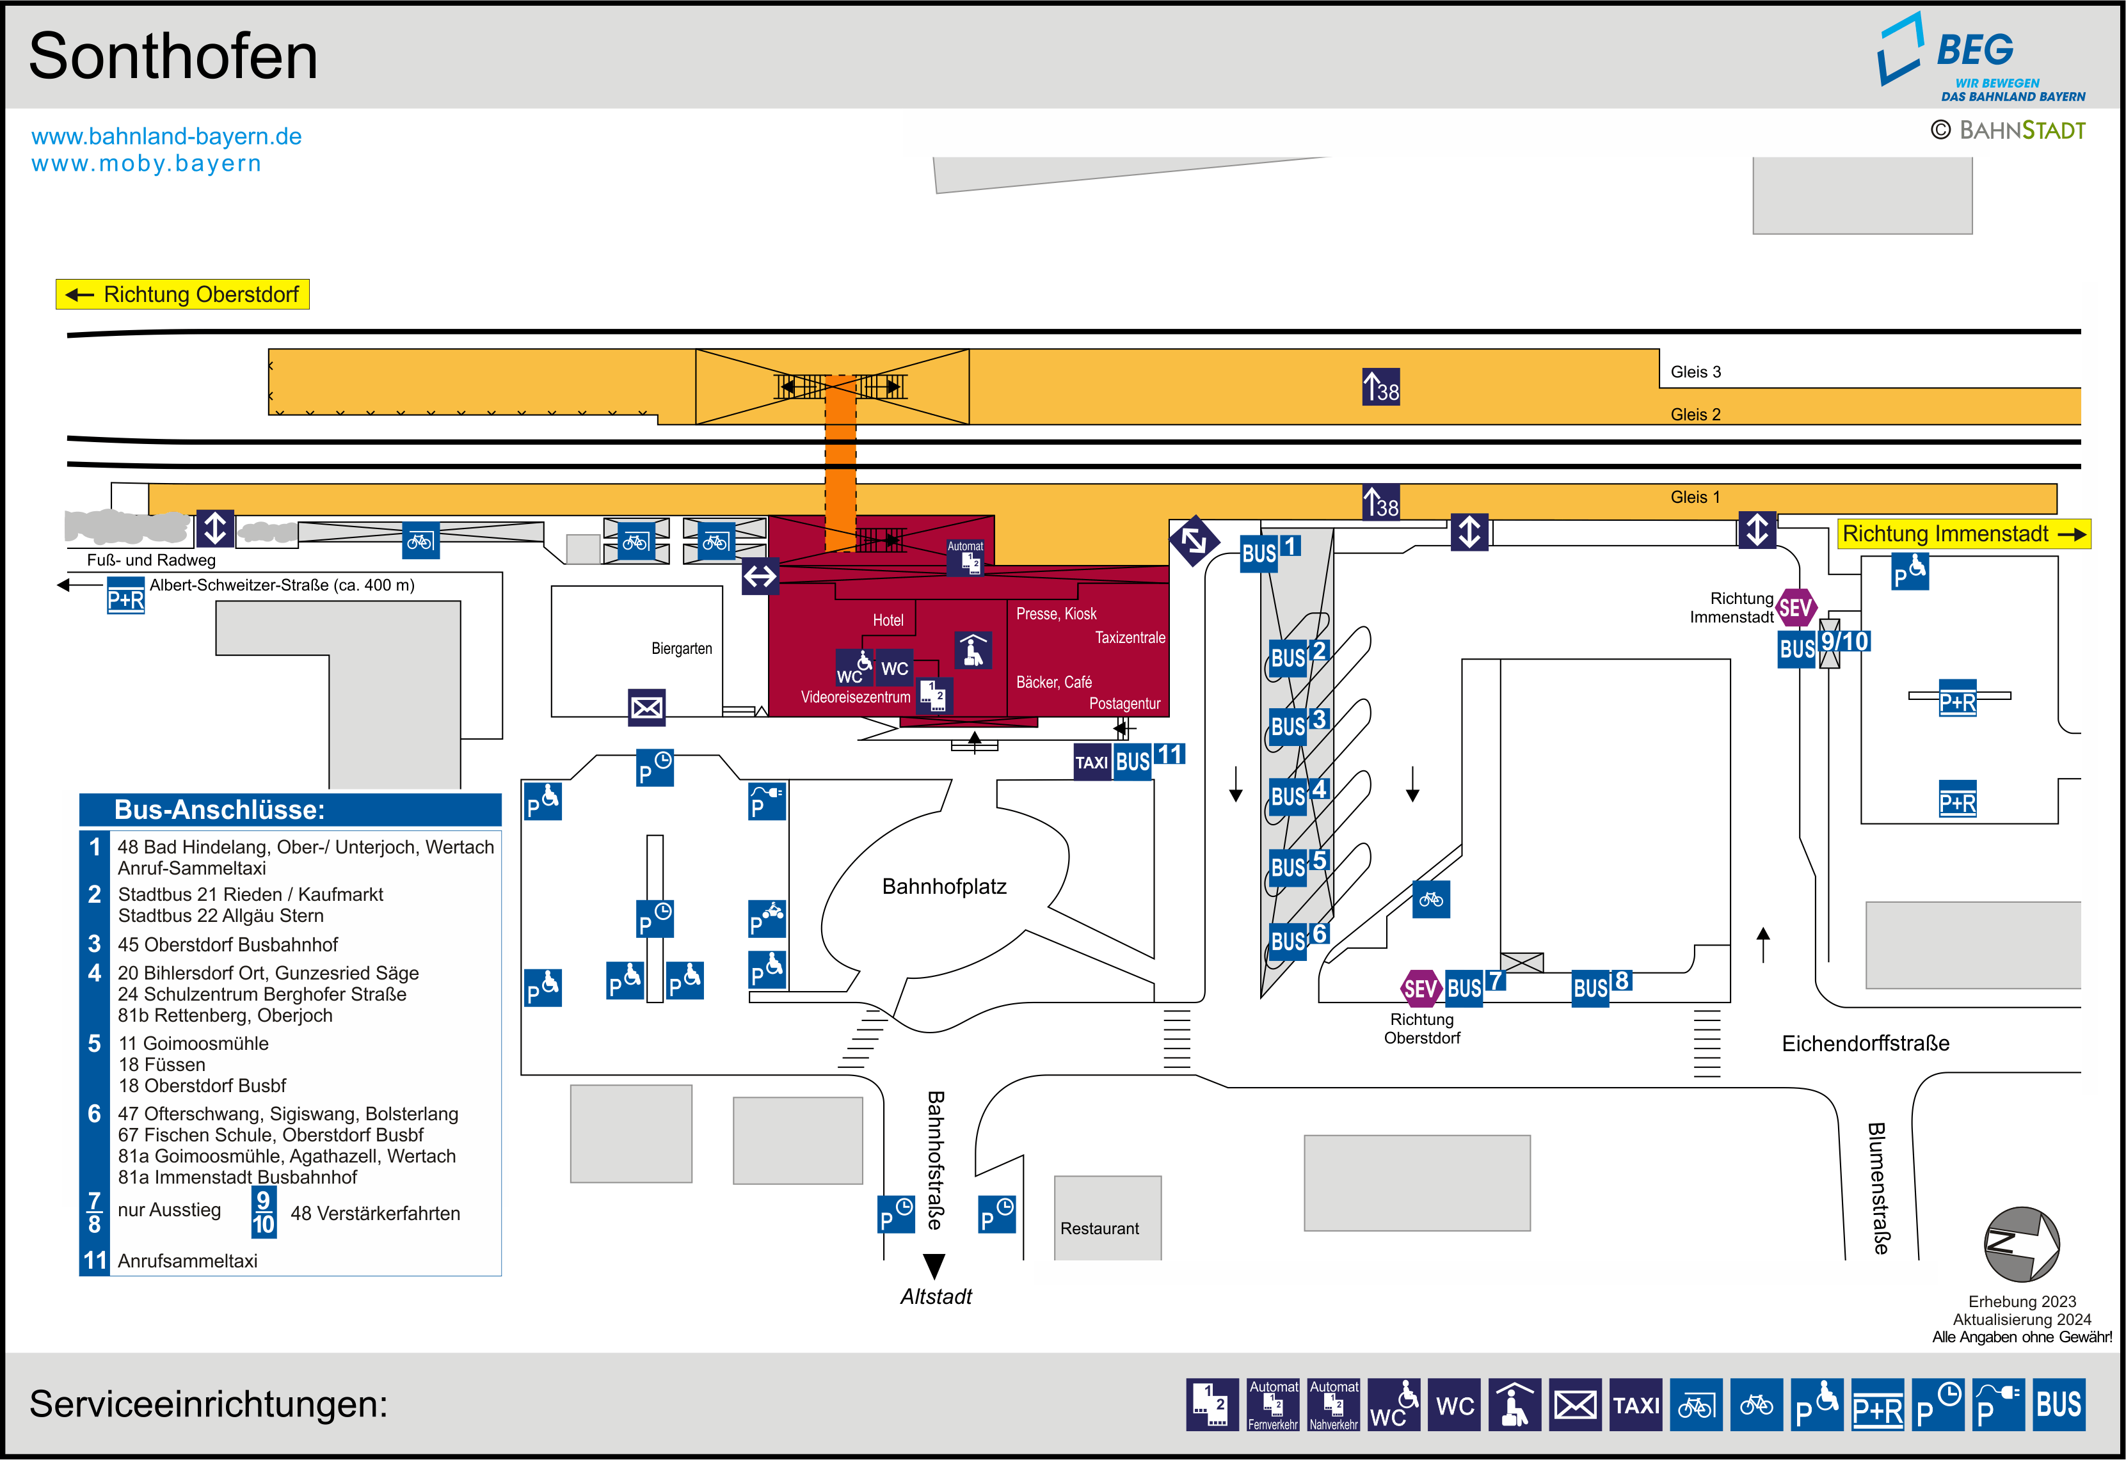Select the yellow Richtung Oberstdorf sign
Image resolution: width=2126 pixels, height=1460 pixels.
click(183, 294)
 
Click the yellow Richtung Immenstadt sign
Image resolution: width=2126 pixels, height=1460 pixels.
click(1963, 534)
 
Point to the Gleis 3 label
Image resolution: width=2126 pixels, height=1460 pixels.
click(1695, 372)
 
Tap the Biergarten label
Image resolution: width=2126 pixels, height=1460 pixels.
click(682, 649)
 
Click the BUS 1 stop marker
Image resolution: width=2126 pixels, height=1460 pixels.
click(1270, 551)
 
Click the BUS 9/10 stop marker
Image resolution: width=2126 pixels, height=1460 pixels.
click(1823, 646)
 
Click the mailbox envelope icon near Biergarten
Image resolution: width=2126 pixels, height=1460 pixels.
click(647, 707)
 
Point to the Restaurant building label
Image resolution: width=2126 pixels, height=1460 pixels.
click(1099, 1228)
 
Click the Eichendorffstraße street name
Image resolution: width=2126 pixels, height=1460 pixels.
click(1866, 1043)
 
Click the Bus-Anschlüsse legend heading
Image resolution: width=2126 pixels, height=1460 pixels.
click(220, 809)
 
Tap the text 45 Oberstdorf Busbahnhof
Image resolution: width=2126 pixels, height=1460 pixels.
click(228, 944)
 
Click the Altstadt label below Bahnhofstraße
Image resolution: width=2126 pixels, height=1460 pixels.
click(936, 1296)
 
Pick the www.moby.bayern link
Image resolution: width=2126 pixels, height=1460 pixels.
click(147, 164)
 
